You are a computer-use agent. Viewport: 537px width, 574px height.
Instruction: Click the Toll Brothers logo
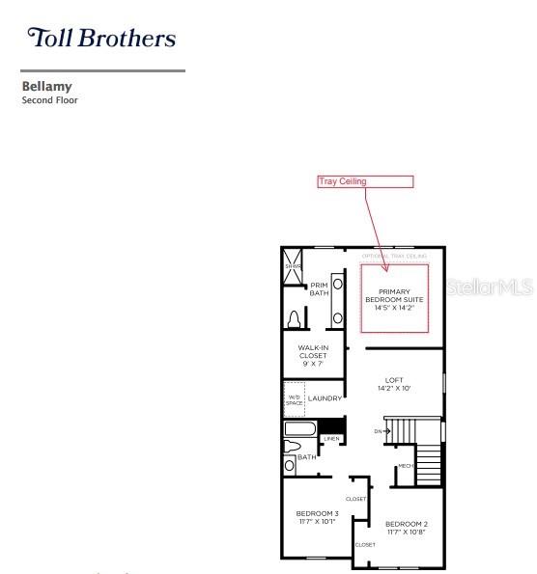[x=101, y=38]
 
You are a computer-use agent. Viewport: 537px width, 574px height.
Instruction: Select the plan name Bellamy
[x=47, y=87]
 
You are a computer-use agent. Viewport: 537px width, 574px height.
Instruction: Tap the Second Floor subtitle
[x=49, y=100]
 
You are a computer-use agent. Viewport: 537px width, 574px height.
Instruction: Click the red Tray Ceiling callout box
[x=365, y=181]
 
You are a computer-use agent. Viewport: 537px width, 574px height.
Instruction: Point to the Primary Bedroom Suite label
[x=394, y=299]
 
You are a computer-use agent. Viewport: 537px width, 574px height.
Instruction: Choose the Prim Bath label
[x=319, y=288]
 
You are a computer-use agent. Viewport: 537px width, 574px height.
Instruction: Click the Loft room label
[x=394, y=384]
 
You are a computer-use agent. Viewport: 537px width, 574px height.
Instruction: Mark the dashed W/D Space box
[x=295, y=397]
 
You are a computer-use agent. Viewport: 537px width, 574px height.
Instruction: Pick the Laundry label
[x=325, y=398]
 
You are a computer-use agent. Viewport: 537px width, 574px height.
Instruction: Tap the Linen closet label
[x=331, y=438]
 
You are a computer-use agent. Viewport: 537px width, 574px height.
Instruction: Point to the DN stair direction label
[x=378, y=431]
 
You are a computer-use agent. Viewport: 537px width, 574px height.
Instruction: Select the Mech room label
[x=406, y=467]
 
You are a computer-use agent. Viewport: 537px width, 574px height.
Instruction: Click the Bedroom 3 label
[x=317, y=517]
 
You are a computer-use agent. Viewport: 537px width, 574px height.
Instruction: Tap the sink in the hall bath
[x=290, y=465]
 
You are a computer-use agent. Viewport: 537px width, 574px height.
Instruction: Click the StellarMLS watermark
[x=491, y=287]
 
